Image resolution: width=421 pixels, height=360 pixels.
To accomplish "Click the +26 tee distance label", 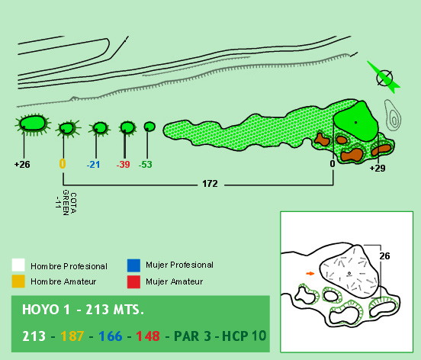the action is click(x=22, y=164).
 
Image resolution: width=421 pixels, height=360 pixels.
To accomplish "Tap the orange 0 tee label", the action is click(x=63, y=163).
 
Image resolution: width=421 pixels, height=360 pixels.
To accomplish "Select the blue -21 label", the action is click(x=94, y=164).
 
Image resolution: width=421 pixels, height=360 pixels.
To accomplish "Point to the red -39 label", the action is click(x=124, y=164).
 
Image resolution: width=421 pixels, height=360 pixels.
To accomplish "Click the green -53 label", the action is click(x=145, y=164).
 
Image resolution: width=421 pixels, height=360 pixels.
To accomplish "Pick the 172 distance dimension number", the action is click(x=210, y=184).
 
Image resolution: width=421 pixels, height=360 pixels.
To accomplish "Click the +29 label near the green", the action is click(x=378, y=168).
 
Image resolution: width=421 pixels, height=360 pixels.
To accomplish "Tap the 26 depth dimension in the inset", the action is click(x=384, y=256).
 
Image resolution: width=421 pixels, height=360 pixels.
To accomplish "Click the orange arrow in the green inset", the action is click(x=310, y=274).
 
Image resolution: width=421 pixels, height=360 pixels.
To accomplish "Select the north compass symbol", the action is click(x=384, y=78).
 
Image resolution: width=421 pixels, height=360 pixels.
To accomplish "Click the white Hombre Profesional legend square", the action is click(x=18, y=265).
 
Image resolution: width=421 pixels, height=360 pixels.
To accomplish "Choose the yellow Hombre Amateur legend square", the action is click(x=18, y=281).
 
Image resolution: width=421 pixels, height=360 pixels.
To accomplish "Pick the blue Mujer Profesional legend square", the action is click(x=133, y=265).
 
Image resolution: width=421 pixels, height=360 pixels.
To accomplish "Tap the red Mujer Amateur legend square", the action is click(x=133, y=282).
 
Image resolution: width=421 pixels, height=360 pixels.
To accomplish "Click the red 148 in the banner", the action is click(x=148, y=336).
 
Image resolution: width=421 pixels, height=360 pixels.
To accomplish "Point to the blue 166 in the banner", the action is click(x=111, y=336).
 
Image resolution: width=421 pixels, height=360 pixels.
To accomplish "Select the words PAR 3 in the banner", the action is click(x=192, y=336).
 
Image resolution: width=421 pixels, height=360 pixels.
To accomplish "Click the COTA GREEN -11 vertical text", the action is click(x=66, y=203).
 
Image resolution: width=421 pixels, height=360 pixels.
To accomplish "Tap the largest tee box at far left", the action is click(x=33, y=124).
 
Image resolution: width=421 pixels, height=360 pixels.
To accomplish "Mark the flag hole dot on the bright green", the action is click(x=355, y=123).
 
